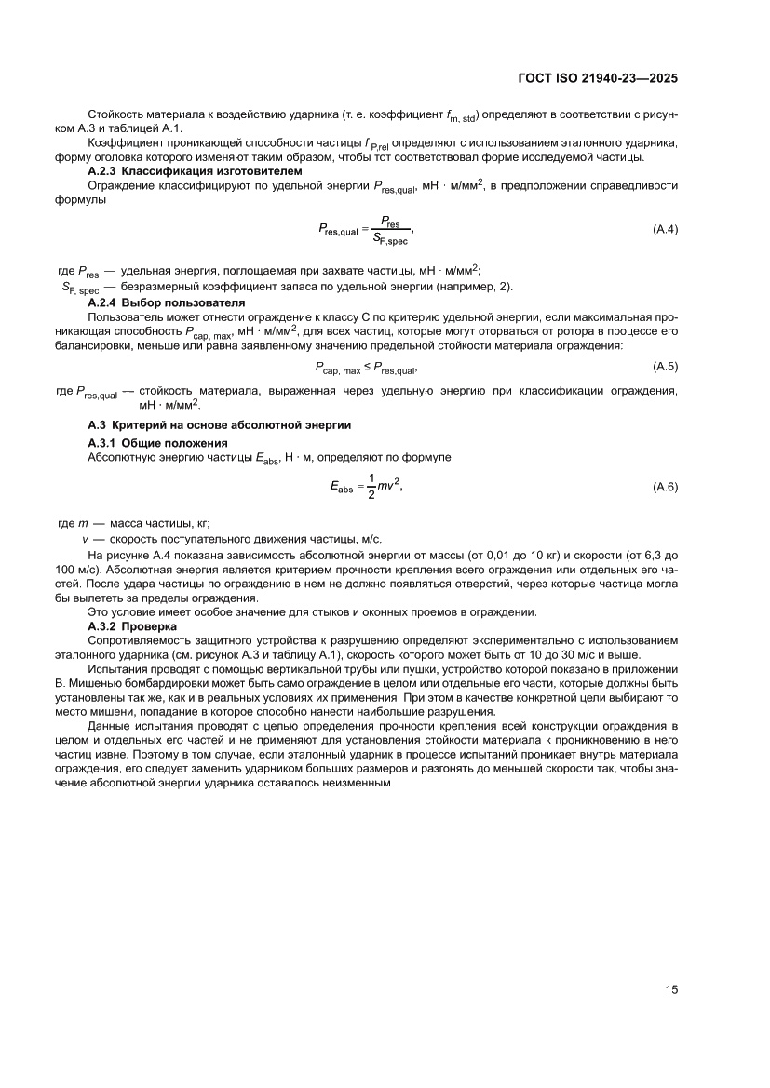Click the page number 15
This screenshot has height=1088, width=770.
(x=670, y=989)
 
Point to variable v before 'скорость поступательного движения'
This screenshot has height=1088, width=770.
(x=86, y=539)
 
